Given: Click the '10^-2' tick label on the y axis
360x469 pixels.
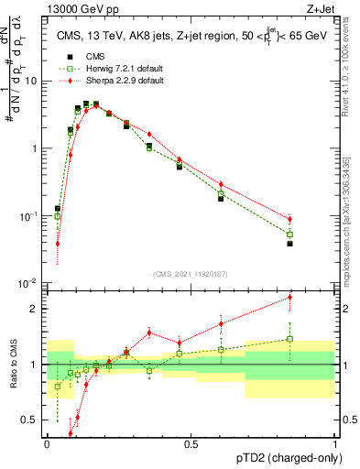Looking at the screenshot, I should pos(27,283).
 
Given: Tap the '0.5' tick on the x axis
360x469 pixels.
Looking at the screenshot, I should pos(191,442).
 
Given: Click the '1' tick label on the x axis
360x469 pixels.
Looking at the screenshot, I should pos(335,442).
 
